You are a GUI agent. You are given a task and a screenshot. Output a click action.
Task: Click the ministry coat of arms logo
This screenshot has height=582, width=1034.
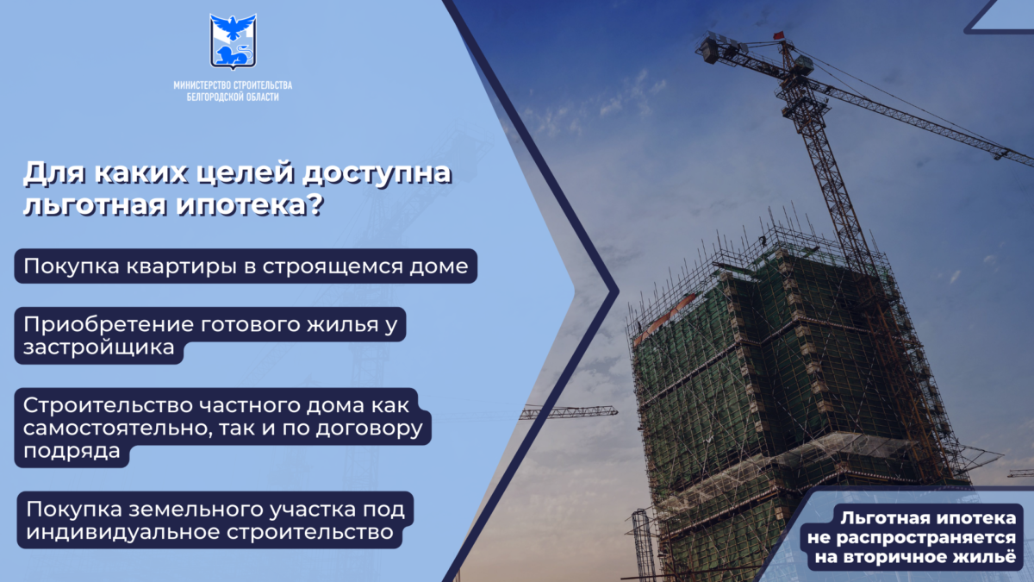(234, 41)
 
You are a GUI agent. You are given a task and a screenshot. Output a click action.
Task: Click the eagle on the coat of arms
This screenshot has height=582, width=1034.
(234, 27)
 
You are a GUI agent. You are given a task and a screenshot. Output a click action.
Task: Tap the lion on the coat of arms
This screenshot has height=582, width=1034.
(234, 55)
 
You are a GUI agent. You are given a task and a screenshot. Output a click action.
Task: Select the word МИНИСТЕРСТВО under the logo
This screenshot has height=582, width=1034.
(202, 85)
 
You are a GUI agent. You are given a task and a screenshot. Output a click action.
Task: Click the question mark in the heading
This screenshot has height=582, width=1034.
(315, 203)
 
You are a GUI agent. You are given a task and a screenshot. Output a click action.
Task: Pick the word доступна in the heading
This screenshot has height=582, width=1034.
(377, 174)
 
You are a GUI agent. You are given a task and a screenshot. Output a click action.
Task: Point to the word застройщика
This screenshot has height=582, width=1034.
(99, 347)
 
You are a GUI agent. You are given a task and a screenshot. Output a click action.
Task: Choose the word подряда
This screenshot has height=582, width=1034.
(72, 451)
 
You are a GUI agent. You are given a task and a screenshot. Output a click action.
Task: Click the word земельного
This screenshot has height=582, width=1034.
(196, 510)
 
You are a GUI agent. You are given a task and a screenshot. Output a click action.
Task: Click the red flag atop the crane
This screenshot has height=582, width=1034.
(779, 35)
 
